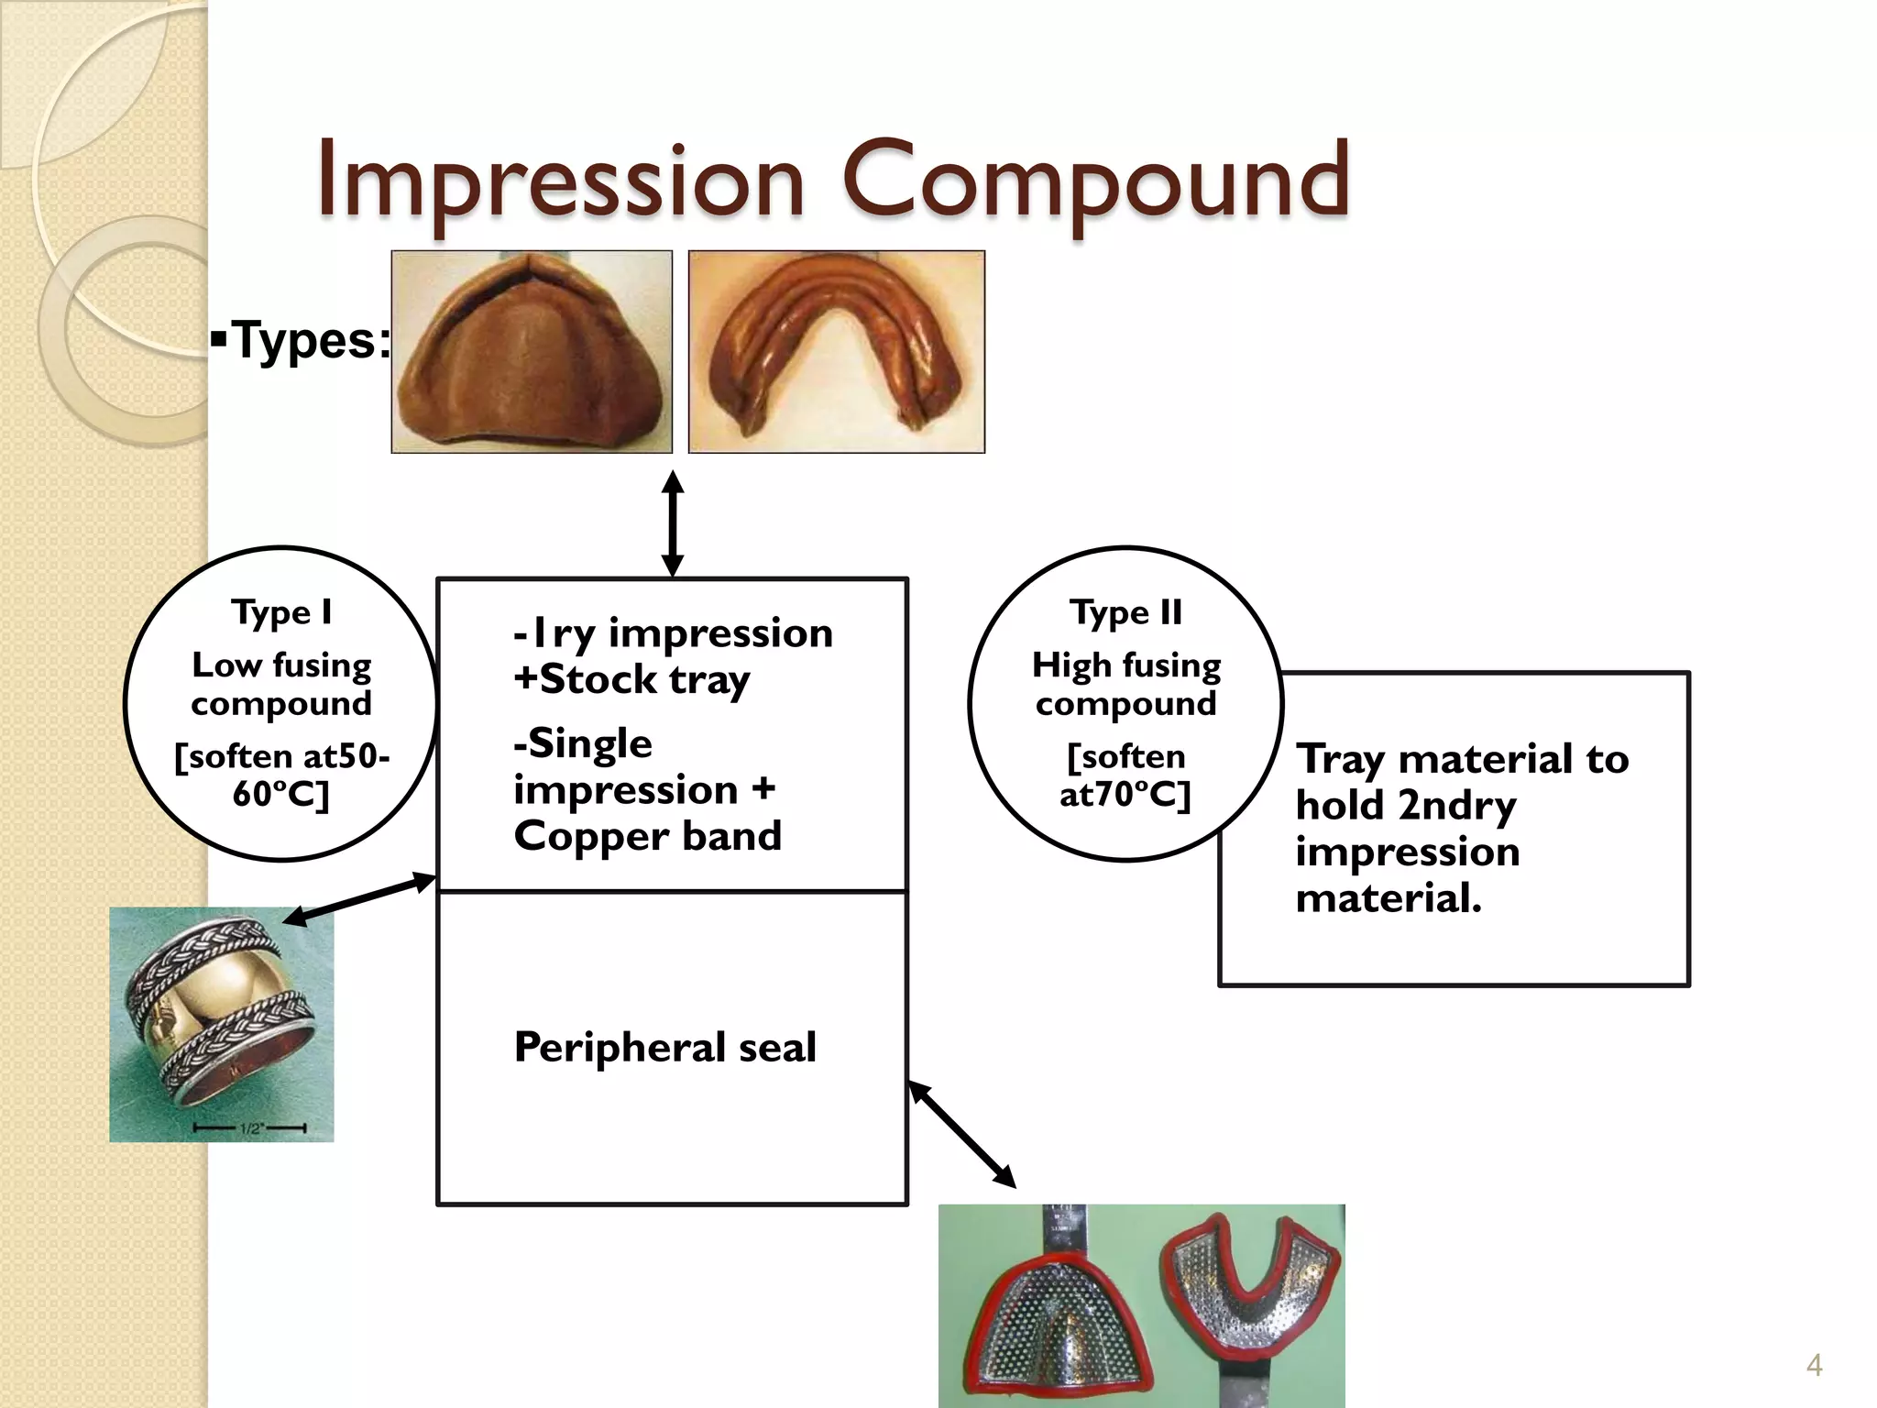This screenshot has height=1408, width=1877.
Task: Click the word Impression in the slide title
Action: [561, 181]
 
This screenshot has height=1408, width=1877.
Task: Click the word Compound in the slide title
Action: [1095, 181]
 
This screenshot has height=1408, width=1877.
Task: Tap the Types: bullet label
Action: [302, 341]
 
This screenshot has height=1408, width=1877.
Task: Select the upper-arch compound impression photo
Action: [532, 352]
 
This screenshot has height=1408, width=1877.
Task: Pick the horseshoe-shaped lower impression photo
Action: [836, 352]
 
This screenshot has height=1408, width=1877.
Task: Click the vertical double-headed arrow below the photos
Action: [673, 523]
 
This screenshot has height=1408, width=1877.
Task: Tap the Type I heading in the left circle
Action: [281, 612]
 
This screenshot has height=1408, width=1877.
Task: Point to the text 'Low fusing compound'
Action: [281, 684]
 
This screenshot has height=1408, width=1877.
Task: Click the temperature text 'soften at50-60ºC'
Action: [281, 775]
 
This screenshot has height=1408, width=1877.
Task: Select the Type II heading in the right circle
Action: [1125, 612]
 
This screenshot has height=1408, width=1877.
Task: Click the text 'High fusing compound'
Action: [1125, 684]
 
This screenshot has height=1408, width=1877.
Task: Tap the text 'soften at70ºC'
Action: [1125, 775]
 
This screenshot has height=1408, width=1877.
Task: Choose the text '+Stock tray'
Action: [631, 679]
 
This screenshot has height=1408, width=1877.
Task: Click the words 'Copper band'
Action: [647, 836]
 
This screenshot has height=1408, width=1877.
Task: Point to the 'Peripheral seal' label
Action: [664, 1047]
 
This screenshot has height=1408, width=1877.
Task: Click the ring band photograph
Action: [222, 1024]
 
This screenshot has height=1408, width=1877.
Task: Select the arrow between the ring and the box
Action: [359, 898]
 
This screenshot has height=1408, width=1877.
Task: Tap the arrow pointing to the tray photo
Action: [962, 1135]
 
